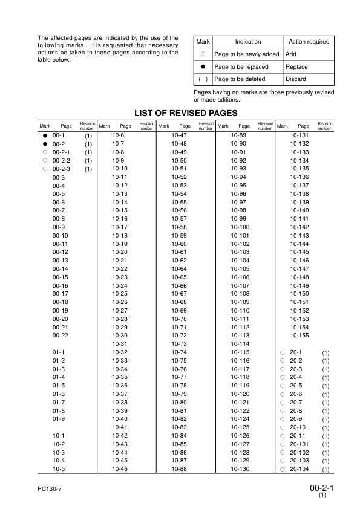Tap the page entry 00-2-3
coord(62,169)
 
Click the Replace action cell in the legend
coord(296,67)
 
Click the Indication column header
coord(248,42)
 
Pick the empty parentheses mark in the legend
coord(203,79)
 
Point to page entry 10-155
coord(299,335)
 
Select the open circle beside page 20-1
coord(282,352)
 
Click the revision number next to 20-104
coord(325,470)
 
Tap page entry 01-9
coord(59,418)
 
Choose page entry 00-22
coord(60,335)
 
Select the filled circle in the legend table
coord(203,67)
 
